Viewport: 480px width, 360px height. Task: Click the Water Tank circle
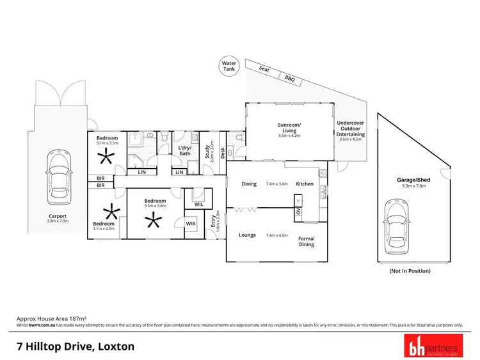point(228,66)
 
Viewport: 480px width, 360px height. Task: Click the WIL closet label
point(198,204)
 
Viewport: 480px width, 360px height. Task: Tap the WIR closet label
point(191,224)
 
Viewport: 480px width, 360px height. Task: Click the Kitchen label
point(305,184)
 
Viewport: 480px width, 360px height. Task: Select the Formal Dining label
point(307,242)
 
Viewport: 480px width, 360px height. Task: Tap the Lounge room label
point(248,235)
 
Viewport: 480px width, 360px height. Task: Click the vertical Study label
point(207,152)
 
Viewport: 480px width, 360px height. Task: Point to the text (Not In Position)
point(410,271)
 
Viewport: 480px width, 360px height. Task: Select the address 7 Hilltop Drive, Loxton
point(76,347)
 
